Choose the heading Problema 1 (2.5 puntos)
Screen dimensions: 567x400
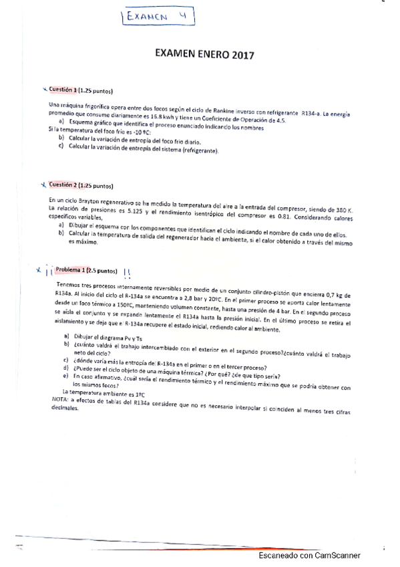click(84, 270)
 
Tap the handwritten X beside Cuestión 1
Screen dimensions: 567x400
click(45, 89)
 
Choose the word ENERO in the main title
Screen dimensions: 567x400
click(210, 57)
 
